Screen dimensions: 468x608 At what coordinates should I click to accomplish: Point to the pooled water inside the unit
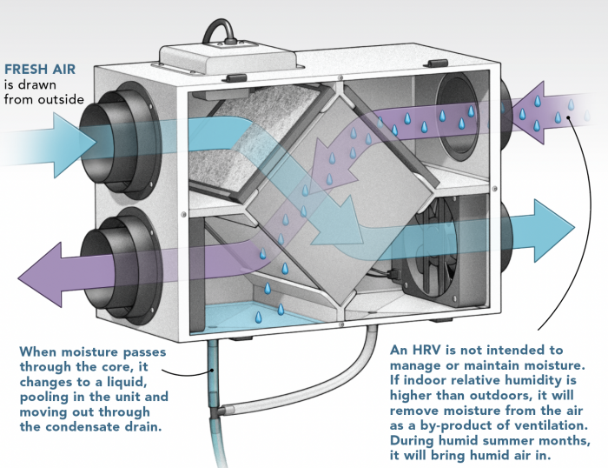coord(252,313)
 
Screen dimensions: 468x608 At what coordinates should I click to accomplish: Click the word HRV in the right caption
coord(430,348)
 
